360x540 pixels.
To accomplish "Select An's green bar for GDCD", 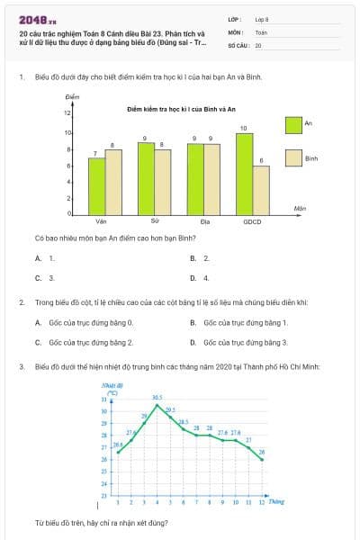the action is coord(244,174).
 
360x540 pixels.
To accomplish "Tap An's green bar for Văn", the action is coord(96,185).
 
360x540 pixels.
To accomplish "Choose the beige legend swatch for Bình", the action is coord(293,157).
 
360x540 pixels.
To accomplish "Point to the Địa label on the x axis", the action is coord(204,220).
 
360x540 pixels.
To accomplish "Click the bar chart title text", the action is coord(181,109).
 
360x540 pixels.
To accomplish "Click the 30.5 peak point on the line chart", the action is coord(157,404).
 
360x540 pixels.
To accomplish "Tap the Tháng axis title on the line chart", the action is coord(275,501).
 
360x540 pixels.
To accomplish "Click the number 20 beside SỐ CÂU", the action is coord(258,44).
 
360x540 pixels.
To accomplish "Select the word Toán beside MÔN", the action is coord(261,31).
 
